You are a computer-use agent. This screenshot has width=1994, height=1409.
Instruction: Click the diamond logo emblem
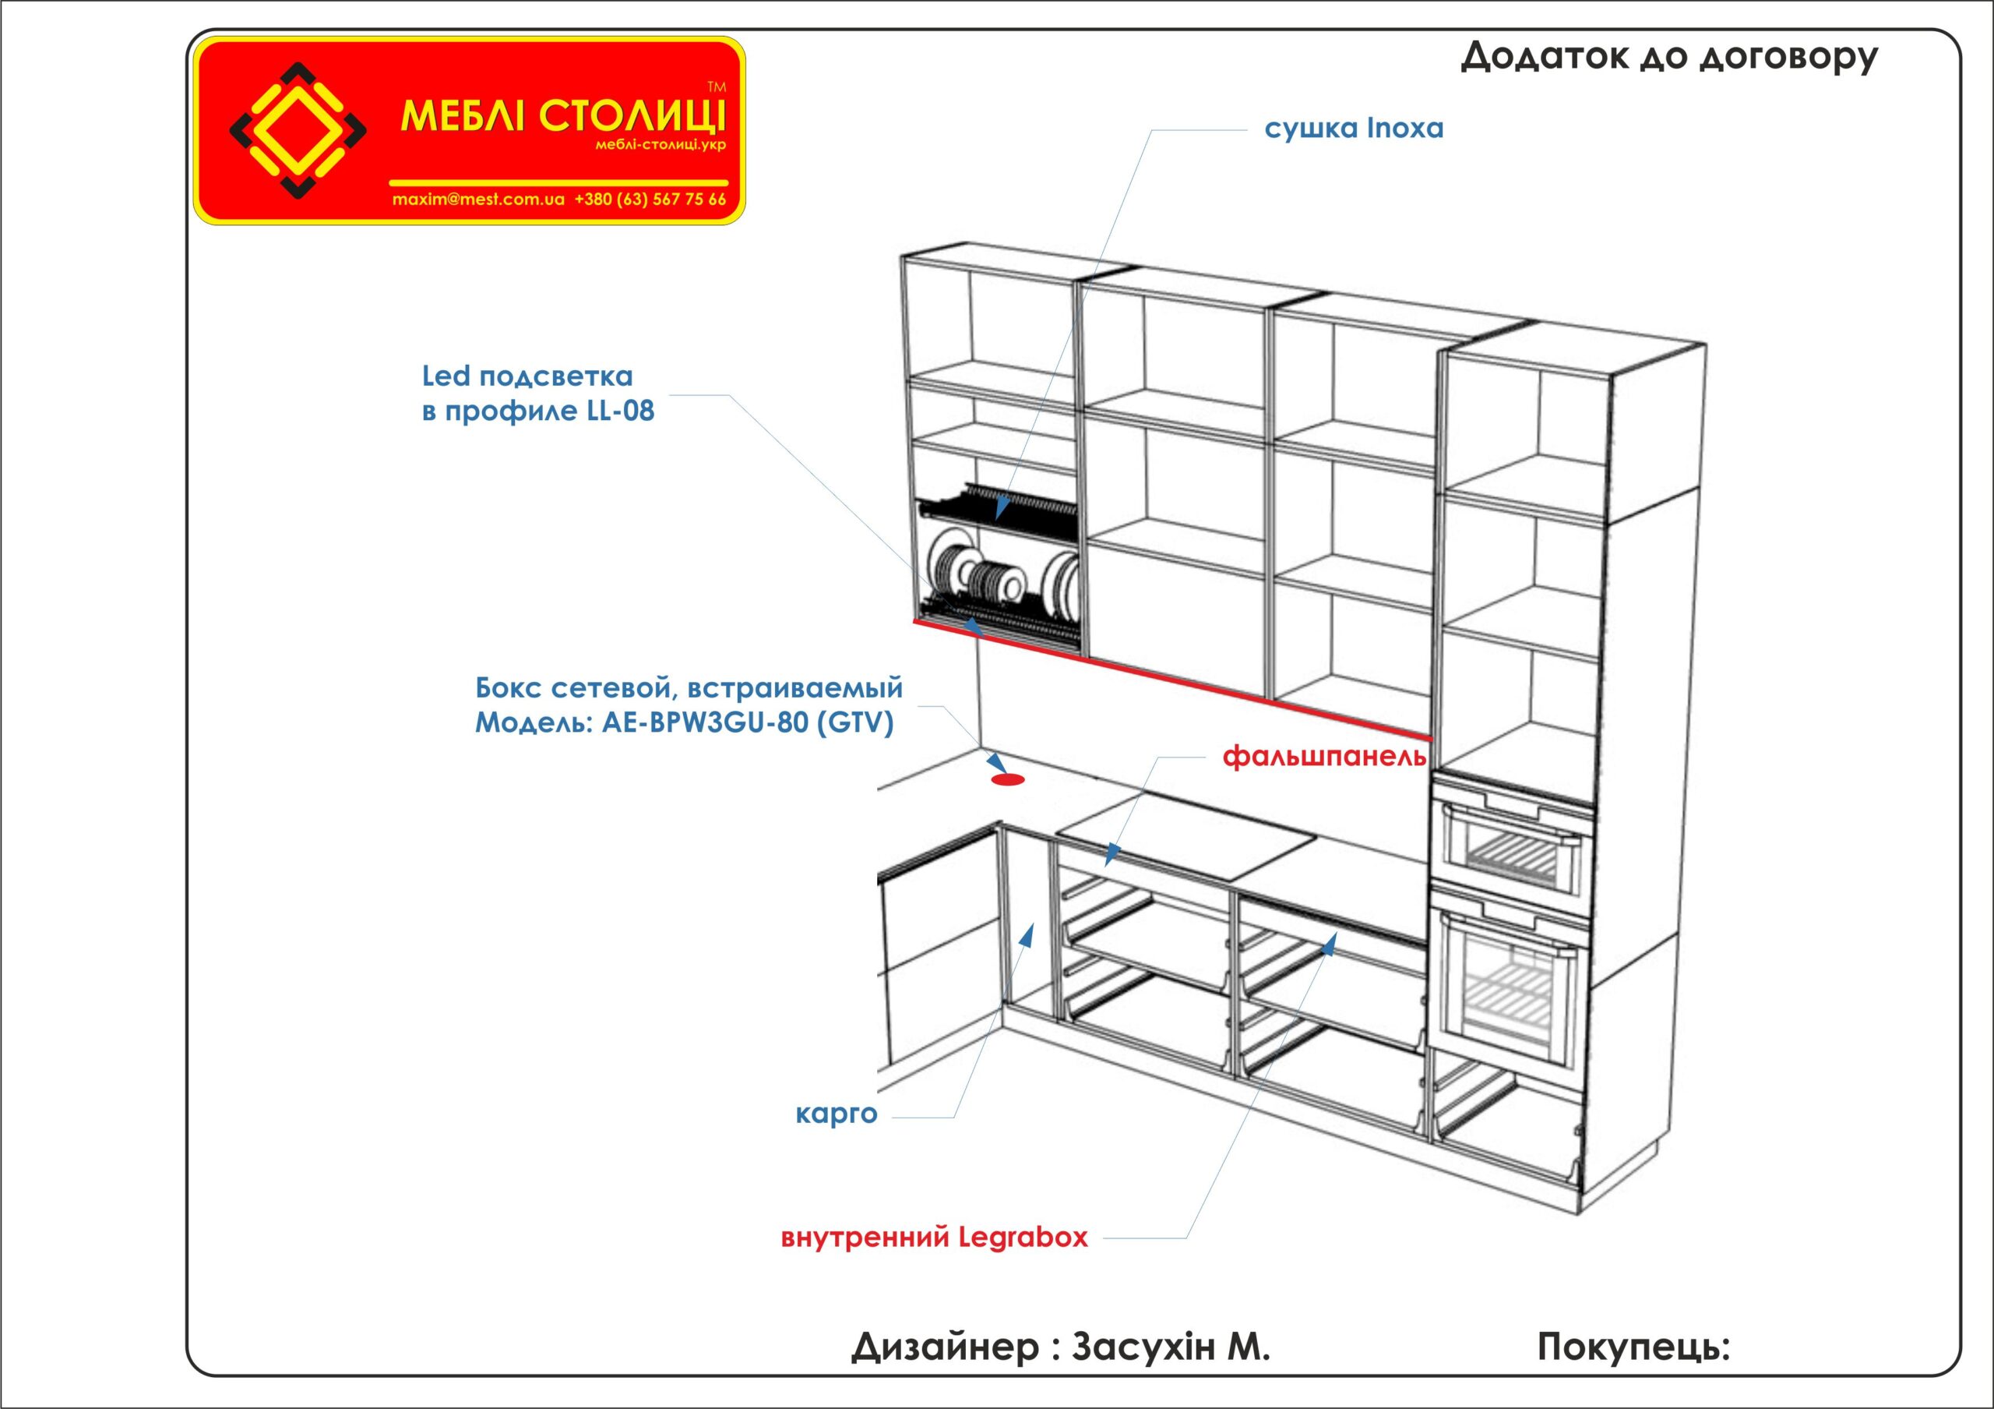coord(297,130)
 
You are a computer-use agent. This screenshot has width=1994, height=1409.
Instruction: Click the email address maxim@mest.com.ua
coord(478,199)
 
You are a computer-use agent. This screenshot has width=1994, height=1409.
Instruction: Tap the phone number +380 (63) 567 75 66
coord(650,199)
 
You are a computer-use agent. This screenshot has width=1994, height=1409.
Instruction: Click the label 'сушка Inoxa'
coord(1353,129)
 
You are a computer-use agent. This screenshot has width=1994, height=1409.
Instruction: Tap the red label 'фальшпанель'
coord(1324,757)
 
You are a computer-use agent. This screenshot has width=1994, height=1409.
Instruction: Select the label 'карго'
coord(837,1113)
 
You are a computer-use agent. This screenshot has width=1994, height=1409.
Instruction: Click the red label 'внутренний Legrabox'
coord(934,1237)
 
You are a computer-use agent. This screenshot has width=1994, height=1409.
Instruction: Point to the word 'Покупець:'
coord(1633,1347)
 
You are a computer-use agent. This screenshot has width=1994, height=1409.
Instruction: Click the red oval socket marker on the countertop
coord(1007,779)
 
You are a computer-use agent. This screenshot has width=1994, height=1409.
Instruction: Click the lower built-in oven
coord(1512,982)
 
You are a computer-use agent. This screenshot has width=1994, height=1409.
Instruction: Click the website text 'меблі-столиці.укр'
coord(660,145)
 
